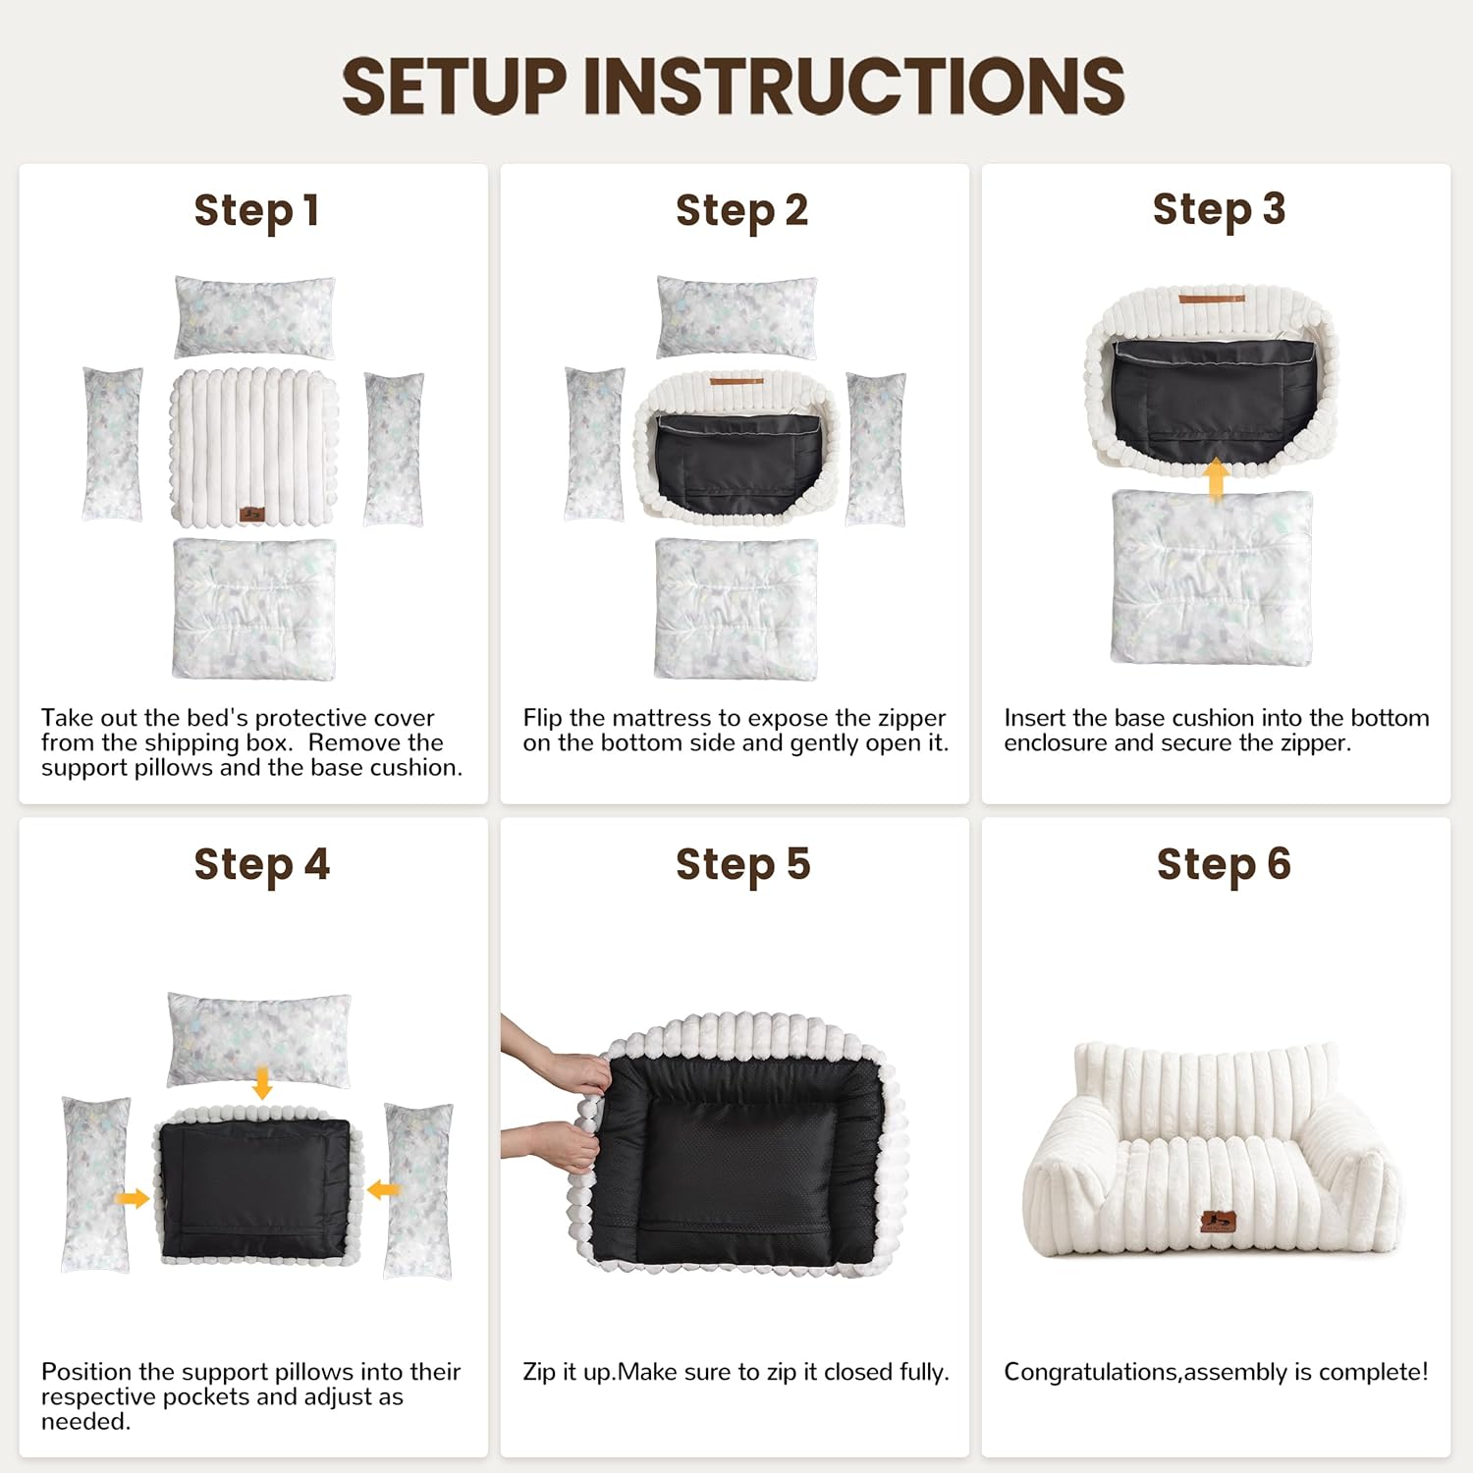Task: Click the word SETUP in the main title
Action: tap(455, 85)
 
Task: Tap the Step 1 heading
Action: tap(256, 211)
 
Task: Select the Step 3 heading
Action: tap(1219, 210)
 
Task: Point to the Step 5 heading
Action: tap(742, 865)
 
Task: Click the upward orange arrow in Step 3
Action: tap(1216, 479)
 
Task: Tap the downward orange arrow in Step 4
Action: tap(261, 1084)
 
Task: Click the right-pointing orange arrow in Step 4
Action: tap(133, 1198)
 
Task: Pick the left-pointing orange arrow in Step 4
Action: tap(383, 1190)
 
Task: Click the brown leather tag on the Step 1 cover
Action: tap(252, 514)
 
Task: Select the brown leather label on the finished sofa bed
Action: tap(1218, 1222)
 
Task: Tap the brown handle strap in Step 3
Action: tap(1212, 299)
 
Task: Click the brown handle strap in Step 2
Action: tap(736, 381)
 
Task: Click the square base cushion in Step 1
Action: tap(254, 609)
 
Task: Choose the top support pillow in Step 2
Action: tap(736, 317)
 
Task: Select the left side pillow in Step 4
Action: tap(96, 1185)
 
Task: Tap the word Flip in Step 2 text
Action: tap(542, 719)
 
